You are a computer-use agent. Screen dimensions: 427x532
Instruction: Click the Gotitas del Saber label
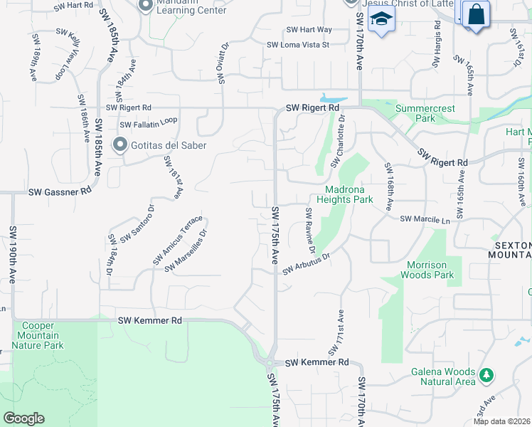[x=169, y=146]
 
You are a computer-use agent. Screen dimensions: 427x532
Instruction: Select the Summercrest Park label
[x=425, y=113]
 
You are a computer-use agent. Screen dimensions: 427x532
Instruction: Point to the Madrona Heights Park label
[x=349, y=194]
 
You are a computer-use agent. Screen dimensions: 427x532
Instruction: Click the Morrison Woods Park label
[x=427, y=270]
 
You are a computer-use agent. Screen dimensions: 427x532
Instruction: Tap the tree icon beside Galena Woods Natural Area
[x=486, y=374]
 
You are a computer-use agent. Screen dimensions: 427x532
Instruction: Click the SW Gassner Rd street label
[x=60, y=191]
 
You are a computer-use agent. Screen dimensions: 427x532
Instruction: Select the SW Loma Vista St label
[x=298, y=45]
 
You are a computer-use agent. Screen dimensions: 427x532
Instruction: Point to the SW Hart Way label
[x=309, y=30]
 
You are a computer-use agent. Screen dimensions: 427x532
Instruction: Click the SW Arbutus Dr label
[x=307, y=263]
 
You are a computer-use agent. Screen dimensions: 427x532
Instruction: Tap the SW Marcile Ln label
[x=425, y=220]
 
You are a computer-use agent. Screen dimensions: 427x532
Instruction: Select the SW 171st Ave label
[x=336, y=333]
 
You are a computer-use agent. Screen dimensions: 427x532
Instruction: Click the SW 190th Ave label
[x=13, y=255]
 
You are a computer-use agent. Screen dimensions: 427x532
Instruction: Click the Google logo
[x=23, y=418]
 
